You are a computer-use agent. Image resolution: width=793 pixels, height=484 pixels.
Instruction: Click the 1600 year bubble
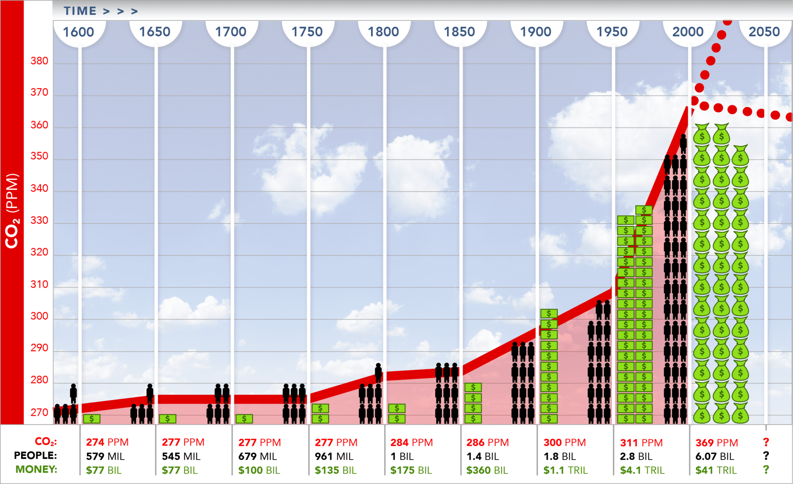[79, 32]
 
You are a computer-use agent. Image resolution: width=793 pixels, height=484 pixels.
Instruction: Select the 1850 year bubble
[459, 32]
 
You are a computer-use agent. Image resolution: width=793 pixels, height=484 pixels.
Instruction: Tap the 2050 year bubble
[764, 32]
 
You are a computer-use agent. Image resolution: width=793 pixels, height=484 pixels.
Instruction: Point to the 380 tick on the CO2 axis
[39, 61]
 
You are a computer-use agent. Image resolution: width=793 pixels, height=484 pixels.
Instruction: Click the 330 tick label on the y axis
[39, 220]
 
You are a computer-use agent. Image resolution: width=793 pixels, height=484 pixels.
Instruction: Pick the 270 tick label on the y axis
[39, 412]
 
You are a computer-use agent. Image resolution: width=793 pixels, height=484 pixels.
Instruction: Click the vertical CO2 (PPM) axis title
[12, 211]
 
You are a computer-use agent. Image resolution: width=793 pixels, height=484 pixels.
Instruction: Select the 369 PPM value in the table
[717, 443]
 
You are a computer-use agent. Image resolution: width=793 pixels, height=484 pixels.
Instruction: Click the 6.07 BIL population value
[715, 456]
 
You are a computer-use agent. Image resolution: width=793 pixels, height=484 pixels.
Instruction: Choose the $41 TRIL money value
[716, 470]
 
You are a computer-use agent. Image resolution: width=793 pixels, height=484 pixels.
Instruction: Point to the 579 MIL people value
[105, 456]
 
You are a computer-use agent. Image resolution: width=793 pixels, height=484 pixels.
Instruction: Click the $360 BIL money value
[487, 470]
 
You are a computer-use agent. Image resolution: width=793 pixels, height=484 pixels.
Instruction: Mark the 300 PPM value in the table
[564, 443]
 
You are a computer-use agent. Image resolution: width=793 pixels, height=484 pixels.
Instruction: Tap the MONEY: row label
[36, 470]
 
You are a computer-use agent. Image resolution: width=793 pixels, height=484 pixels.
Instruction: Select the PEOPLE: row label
[35, 456]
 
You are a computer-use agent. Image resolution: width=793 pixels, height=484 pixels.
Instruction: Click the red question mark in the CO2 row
[766, 442]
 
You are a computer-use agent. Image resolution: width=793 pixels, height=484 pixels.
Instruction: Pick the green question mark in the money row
[766, 470]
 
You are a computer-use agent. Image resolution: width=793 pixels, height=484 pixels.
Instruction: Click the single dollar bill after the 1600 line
[92, 419]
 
